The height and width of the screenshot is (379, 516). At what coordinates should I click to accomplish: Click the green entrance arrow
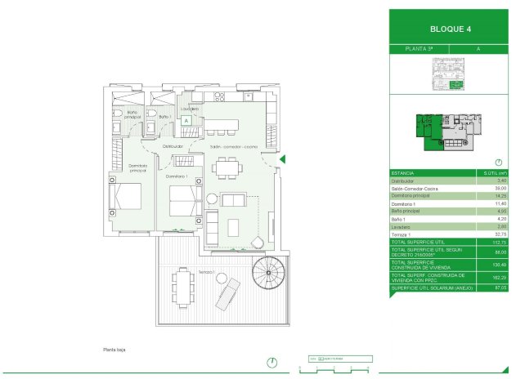point(282,160)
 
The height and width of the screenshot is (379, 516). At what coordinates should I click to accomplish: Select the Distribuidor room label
point(173,146)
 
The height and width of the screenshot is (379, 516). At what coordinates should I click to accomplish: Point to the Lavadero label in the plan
point(190,109)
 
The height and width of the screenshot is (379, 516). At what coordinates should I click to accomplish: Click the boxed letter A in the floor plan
point(186,121)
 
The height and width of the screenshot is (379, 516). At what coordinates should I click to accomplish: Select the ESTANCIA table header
point(402,174)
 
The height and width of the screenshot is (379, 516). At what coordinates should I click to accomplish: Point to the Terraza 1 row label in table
point(404,233)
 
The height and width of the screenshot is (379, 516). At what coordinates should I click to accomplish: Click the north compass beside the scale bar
point(271,362)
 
